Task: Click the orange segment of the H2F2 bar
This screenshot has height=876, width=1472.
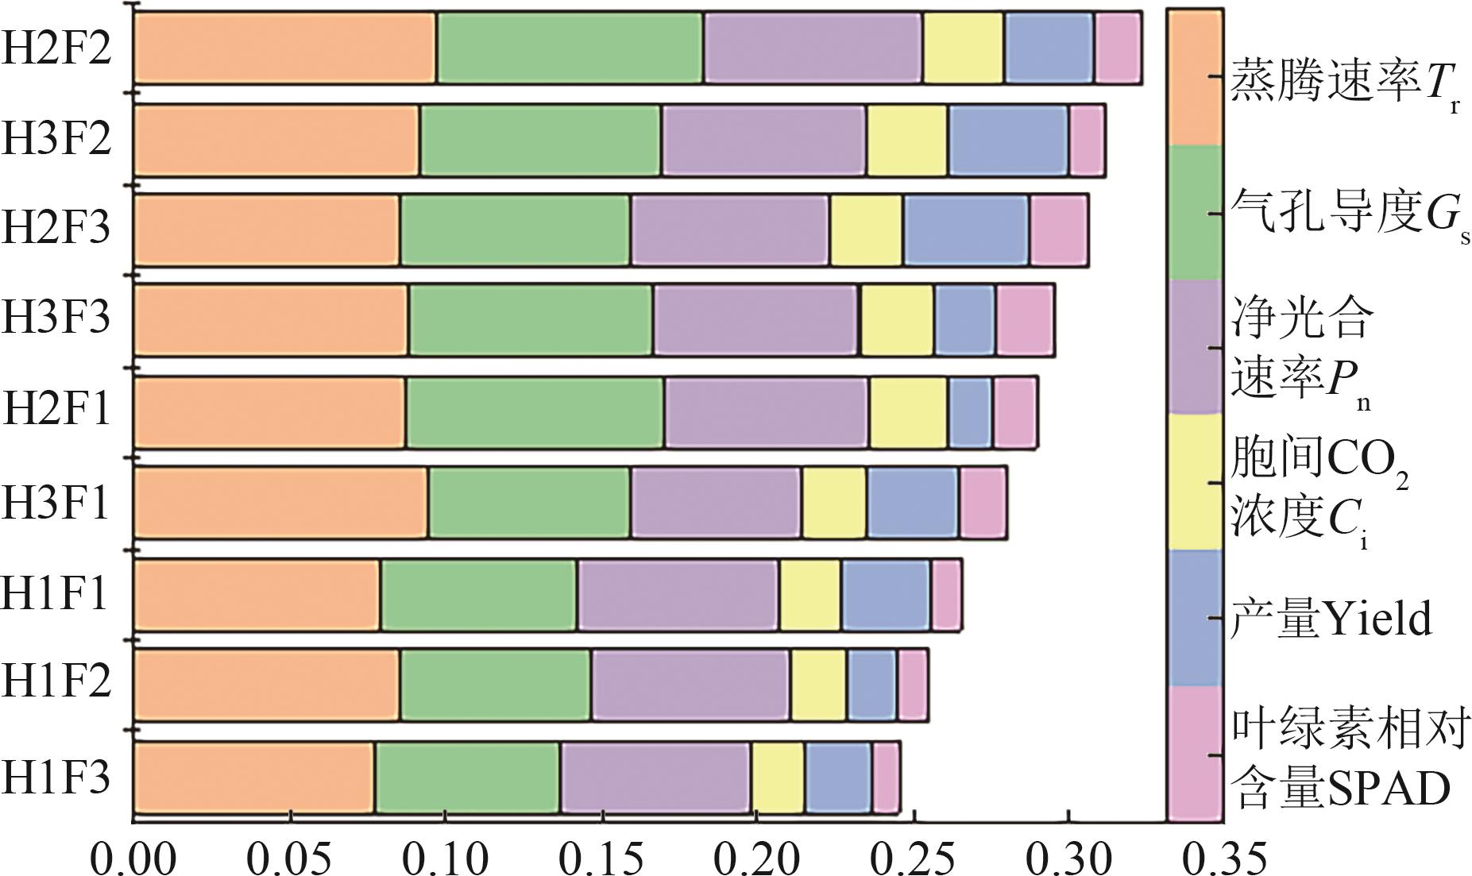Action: coord(284,48)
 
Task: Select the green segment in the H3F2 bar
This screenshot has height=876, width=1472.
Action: coord(540,140)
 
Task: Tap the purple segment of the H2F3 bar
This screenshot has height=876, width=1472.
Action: coord(729,230)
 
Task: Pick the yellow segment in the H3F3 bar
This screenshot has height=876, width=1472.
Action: coord(897,319)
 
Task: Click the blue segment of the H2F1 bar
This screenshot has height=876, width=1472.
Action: coord(970,413)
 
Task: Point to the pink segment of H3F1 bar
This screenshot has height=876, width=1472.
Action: coord(983,504)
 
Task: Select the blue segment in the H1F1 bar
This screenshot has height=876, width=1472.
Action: coord(886,595)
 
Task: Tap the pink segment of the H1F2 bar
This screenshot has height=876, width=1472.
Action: coord(913,685)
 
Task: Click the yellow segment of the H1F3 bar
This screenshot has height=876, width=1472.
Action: coord(778,778)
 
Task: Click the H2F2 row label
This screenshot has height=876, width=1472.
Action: coord(56,48)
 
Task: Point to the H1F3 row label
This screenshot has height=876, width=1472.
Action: coord(56,778)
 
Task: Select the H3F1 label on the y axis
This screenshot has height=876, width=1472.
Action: coord(56,504)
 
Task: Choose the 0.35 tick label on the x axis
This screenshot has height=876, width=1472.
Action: coord(1223,859)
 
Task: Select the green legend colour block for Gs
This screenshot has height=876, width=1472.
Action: coord(1194,213)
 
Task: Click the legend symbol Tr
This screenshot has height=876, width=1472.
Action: coord(1441,84)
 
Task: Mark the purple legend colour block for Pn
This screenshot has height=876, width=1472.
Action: coord(1194,347)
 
